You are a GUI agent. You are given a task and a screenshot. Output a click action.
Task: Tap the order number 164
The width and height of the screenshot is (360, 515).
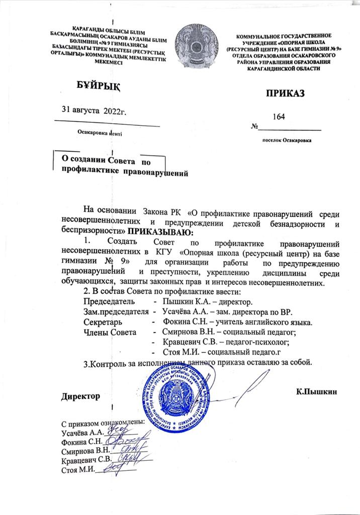click(278, 117)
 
